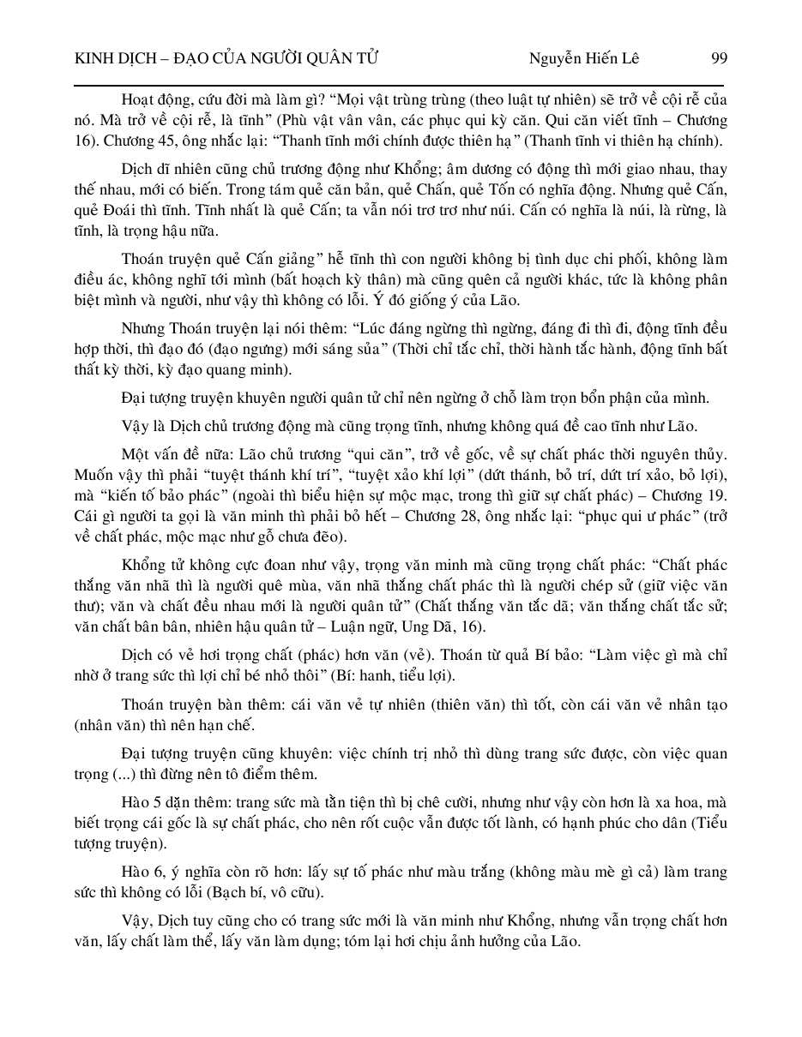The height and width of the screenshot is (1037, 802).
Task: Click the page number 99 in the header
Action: [719, 58]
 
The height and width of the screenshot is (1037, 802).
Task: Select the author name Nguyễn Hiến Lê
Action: [584, 58]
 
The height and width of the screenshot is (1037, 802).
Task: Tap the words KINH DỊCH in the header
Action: [109, 58]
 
